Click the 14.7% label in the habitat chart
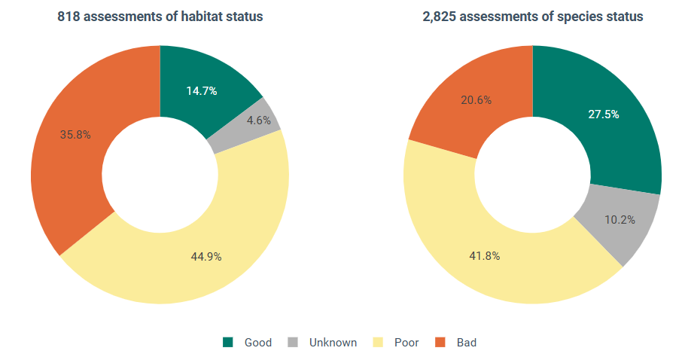pyautogui.click(x=202, y=91)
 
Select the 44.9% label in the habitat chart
pyautogui.click(x=206, y=257)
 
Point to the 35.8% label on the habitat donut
pyautogui.click(x=75, y=135)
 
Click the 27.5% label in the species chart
pyautogui.click(x=604, y=114)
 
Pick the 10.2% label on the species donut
pyautogui.click(x=620, y=220)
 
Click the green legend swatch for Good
pyautogui.click(x=228, y=343)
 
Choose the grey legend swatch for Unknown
pyautogui.click(x=293, y=343)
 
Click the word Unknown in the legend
pyautogui.click(x=333, y=343)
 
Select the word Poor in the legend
pyautogui.click(x=406, y=343)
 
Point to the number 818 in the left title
pyautogui.click(x=68, y=17)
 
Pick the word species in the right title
pyautogui.click(x=578, y=17)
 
